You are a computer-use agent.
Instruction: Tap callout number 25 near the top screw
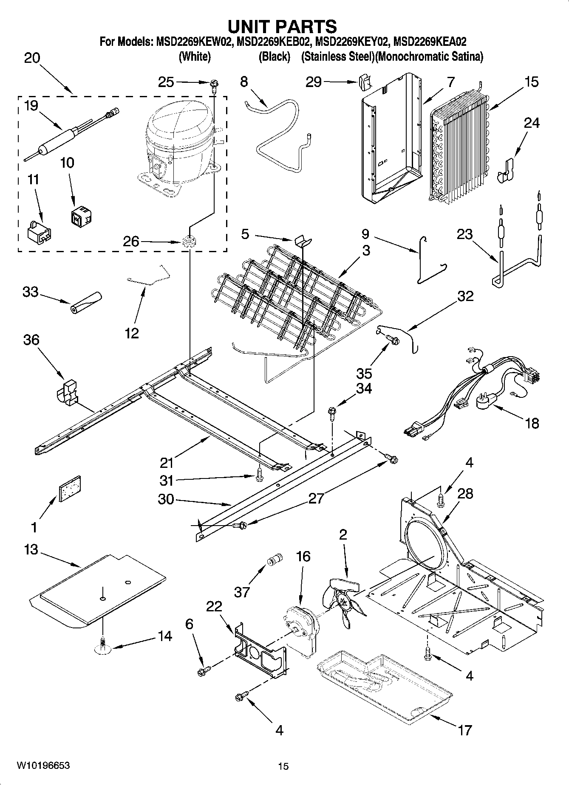coord(166,82)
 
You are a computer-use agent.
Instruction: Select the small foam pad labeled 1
coord(69,488)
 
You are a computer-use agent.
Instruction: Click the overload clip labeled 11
coord(40,233)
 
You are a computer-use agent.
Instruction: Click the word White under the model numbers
coord(195,56)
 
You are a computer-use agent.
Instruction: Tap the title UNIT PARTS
coord(283,26)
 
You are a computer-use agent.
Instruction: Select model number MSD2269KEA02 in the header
coord(430,42)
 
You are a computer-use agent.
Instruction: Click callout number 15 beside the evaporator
coord(532,82)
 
